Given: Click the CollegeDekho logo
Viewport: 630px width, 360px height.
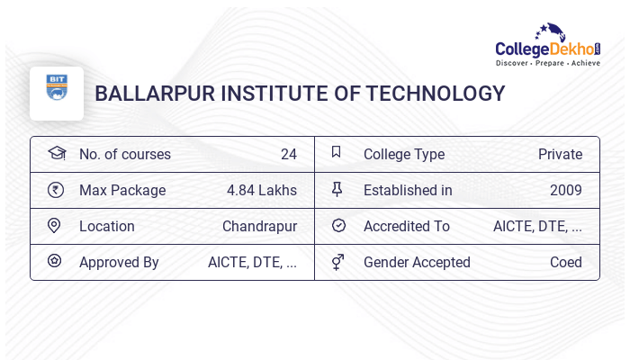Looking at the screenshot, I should tap(548, 45).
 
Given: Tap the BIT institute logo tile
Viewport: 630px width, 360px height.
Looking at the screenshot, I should tap(57, 93).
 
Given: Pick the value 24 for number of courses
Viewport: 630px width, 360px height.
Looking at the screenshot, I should tap(288, 154).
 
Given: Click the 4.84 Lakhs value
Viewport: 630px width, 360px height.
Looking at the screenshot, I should tap(262, 190).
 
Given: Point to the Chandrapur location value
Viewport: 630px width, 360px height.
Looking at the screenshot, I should tap(259, 226).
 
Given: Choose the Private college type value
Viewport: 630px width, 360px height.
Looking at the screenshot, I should tap(560, 154).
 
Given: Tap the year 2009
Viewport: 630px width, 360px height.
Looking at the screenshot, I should tap(565, 190).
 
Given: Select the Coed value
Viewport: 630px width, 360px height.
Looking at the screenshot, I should tap(565, 262).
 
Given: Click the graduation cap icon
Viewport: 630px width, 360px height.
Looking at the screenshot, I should tap(55, 153).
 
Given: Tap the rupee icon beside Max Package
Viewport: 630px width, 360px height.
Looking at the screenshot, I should tap(55, 189).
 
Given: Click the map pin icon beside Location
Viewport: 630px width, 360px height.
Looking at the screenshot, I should tap(55, 225).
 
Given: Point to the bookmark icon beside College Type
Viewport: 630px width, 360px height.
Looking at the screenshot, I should tap(337, 152).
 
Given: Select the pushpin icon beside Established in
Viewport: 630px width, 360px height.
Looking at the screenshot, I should tap(337, 189).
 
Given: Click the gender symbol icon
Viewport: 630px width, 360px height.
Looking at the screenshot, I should tap(337, 262).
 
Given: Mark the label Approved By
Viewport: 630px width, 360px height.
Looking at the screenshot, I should tap(119, 262).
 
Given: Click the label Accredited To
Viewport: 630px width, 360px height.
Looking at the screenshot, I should tap(406, 226).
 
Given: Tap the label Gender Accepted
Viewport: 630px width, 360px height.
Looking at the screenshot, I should tap(417, 262).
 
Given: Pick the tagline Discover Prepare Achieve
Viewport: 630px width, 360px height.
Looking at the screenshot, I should tap(548, 63).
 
